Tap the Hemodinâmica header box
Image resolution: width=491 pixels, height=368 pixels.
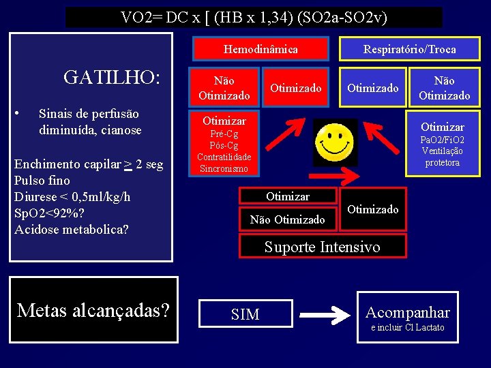tap(261, 49)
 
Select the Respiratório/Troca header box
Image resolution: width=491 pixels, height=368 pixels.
tap(409, 49)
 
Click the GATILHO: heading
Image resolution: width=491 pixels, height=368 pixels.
tap(111, 78)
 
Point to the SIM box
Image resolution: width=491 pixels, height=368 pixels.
tap(245, 314)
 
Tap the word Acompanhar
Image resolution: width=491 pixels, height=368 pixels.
tap(408, 313)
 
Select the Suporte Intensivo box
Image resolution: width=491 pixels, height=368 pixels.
tap(323, 247)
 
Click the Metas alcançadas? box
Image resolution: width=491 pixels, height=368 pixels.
tap(93, 311)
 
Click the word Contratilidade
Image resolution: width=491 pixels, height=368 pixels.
tap(224, 157)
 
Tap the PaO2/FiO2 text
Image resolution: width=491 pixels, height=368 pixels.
tap(443, 140)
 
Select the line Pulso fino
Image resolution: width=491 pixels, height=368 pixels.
tap(42, 181)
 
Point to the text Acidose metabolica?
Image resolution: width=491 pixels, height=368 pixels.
tap(71, 230)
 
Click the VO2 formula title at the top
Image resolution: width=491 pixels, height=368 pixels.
tap(254, 17)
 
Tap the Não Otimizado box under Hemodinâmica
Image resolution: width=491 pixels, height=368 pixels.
tap(224, 88)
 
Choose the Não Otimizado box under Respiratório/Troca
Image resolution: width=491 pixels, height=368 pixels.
tap(444, 88)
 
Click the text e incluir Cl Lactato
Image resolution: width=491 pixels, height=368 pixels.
tap(407, 328)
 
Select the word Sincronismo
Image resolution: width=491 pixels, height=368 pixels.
tap(224, 168)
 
